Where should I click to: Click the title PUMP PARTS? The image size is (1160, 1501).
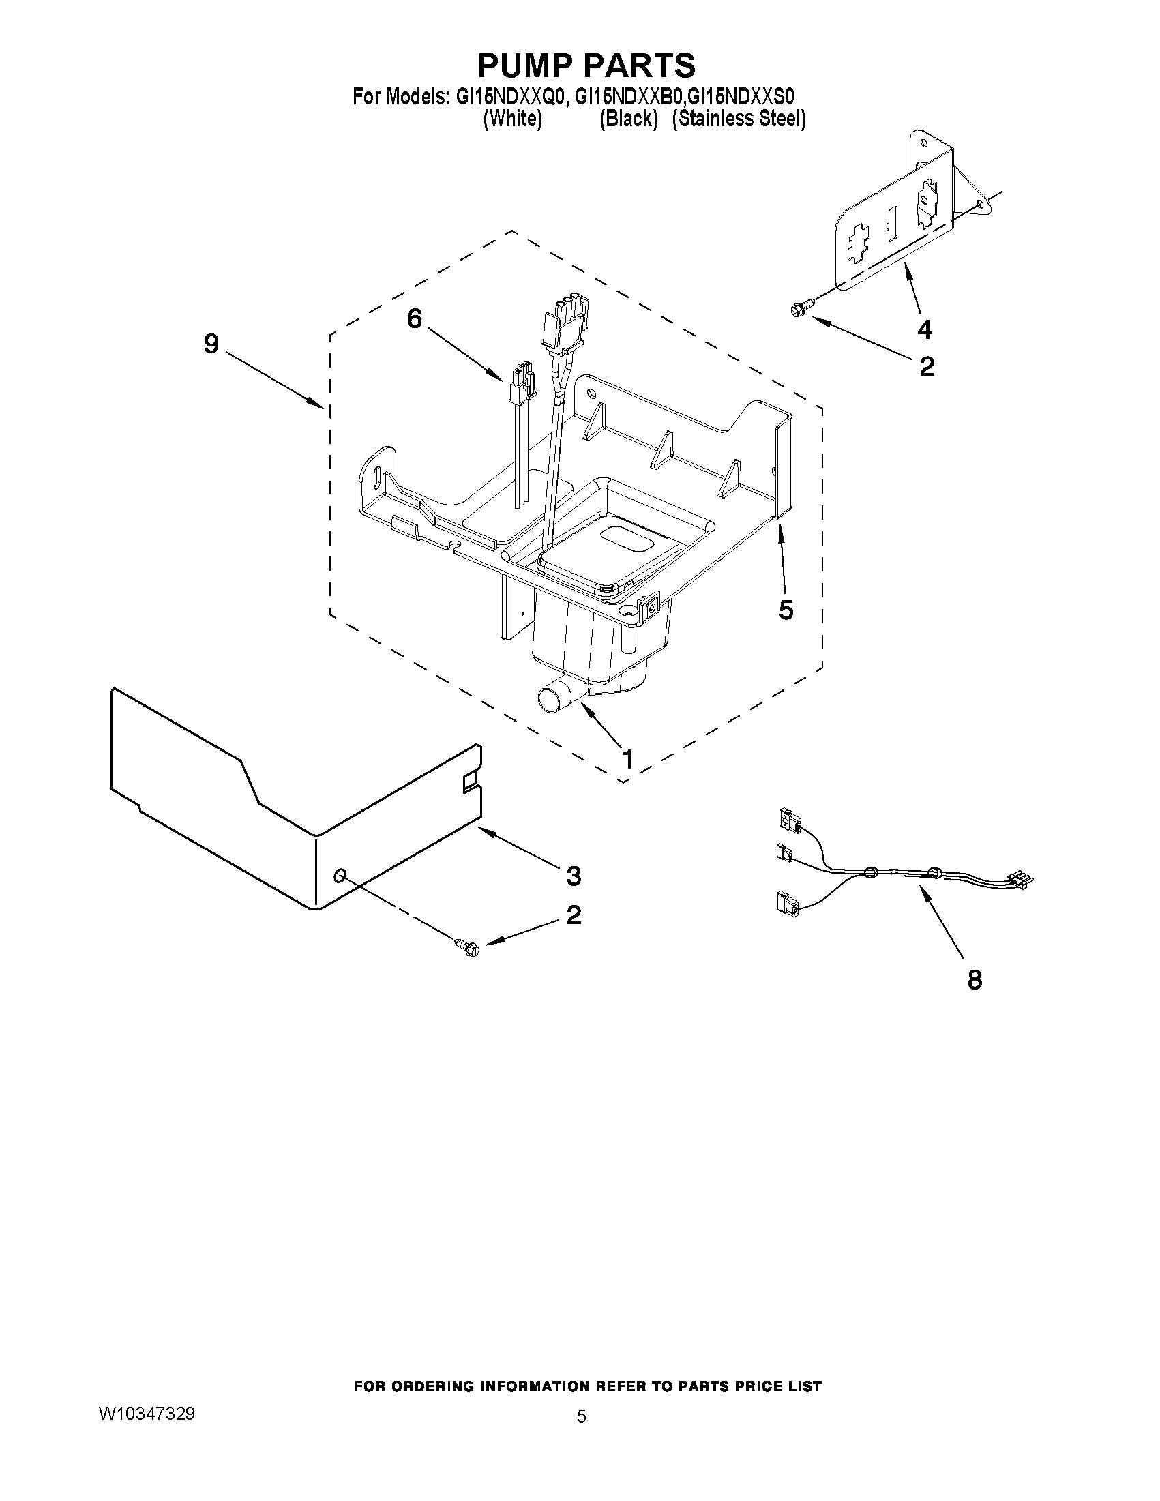(586, 65)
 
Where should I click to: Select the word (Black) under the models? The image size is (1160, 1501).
(628, 119)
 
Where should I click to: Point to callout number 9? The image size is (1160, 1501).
(211, 344)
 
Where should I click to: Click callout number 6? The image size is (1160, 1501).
(415, 318)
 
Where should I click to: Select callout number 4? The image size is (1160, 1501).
(925, 330)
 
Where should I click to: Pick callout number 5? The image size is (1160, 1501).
(786, 609)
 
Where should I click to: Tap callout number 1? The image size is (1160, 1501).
(626, 760)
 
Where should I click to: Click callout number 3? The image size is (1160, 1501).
(574, 876)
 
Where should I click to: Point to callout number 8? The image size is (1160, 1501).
(975, 980)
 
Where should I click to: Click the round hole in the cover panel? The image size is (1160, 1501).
(340, 875)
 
